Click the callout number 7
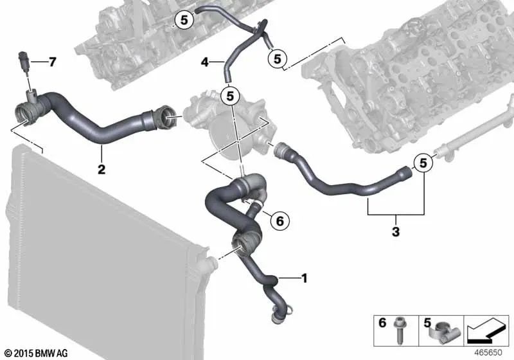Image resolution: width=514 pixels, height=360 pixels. (x=53, y=62)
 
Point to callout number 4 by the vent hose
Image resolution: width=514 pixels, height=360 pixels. (x=205, y=62)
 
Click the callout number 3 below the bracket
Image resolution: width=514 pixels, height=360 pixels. (x=396, y=230)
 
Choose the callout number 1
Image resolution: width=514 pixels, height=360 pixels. (x=304, y=278)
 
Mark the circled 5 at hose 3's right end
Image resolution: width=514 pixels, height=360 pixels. (x=423, y=163)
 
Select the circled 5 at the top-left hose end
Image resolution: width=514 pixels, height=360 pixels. (x=183, y=21)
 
